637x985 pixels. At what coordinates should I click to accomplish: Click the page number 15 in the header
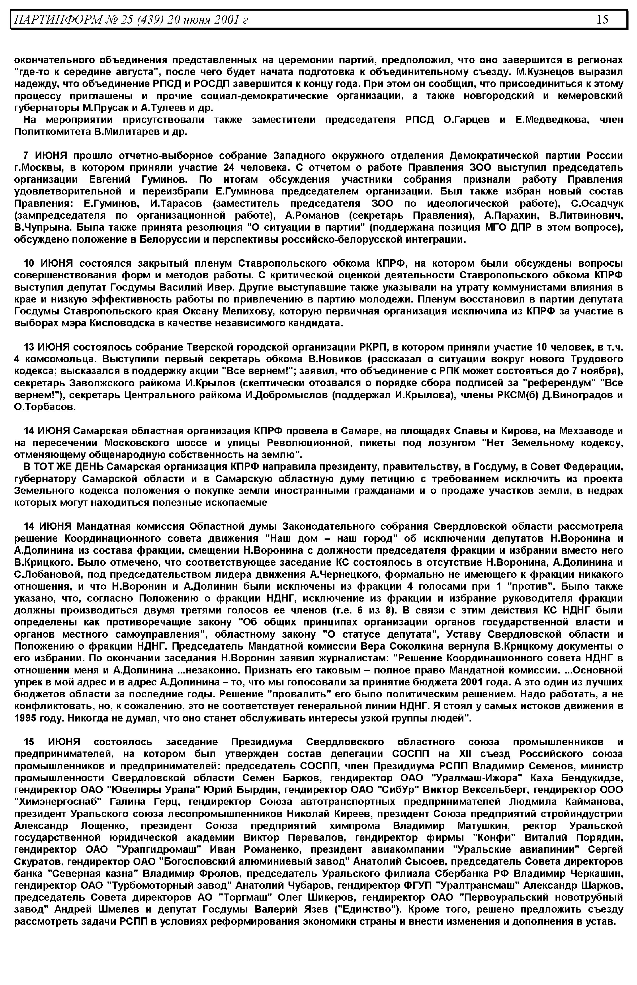[602, 19]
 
